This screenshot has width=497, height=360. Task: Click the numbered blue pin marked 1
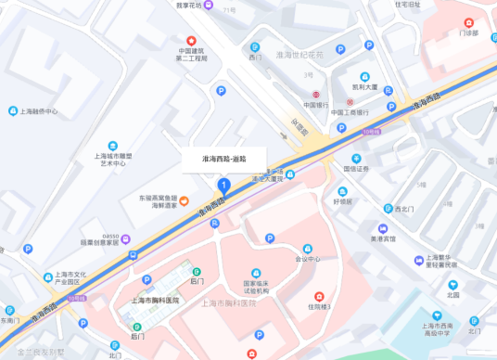tap(223, 186)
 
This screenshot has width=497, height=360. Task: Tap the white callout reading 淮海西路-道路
tap(223, 159)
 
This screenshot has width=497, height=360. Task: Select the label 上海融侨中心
tap(38, 111)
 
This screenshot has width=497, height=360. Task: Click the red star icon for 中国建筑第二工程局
tap(192, 41)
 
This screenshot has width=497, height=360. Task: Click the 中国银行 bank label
tap(316, 105)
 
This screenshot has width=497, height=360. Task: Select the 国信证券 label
tap(356, 169)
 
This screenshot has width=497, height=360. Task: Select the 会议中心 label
tap(307, 259)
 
